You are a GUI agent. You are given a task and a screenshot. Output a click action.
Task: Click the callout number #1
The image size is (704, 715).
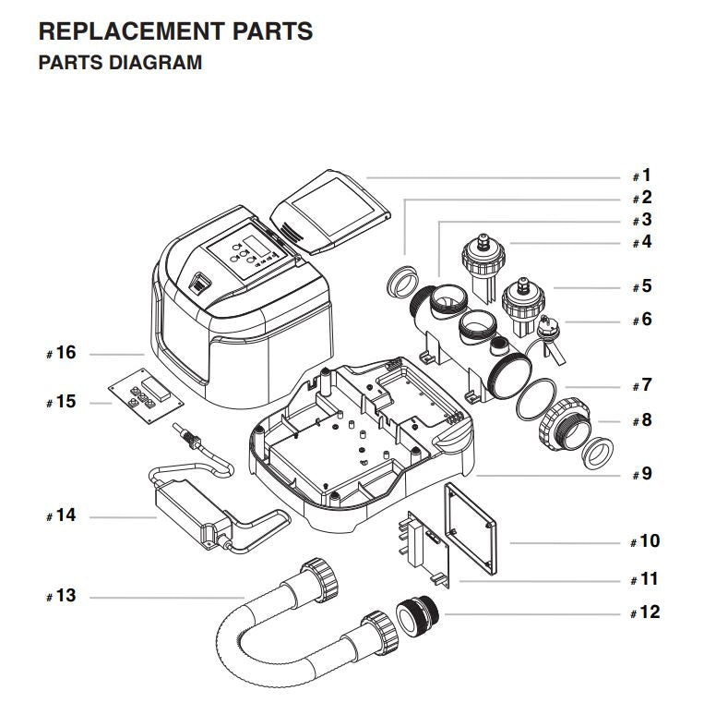pyautogui.click(x=642, y=176)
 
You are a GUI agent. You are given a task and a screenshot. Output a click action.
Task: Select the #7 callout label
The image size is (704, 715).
pyautogui.click(x=642, y=385)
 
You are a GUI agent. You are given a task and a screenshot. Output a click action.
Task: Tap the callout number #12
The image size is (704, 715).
pyautogui.click(x=645, y=612)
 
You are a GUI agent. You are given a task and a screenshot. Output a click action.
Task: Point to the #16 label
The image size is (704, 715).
pyautogui.click(x=62, y=353)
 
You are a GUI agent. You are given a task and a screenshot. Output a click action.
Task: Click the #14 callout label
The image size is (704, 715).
pyautogui.click(x=62, y=515)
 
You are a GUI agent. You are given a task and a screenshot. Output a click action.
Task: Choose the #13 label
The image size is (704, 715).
pyautogui.click(x=62, y=596)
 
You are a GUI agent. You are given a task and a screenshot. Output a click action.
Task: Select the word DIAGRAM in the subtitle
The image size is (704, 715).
pyautogui.click(x=155, y=63)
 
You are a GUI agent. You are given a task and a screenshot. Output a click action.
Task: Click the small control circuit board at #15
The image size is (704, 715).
pyautogui.click(x=146, y=394)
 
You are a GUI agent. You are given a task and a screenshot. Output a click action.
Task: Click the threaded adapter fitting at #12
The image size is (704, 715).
pyautogui.click(x=417, y=617)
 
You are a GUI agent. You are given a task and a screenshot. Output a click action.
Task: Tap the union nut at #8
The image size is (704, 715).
pyautogui.click(x=565, y=424)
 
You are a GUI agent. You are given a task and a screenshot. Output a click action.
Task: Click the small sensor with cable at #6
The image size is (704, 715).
pyautogui.click(x=549, y=337)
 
